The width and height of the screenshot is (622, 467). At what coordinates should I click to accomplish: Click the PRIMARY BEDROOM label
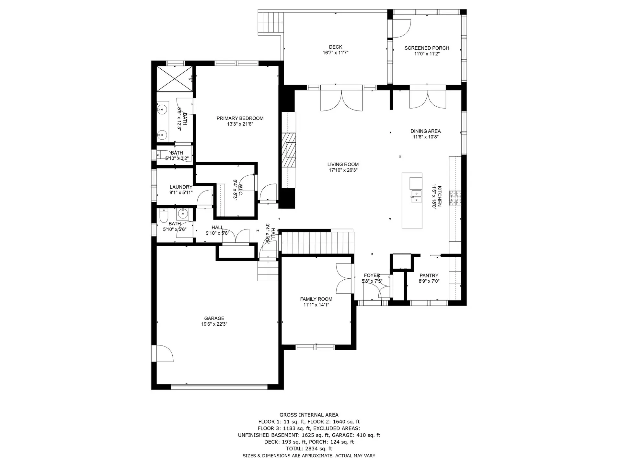[x=240, y=118]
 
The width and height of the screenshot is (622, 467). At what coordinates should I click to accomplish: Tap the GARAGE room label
[x=214, y=318]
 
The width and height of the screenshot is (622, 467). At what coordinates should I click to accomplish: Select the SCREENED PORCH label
[x=427, y=48]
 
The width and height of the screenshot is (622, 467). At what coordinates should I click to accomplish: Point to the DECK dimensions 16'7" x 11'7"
[x=335, y=53]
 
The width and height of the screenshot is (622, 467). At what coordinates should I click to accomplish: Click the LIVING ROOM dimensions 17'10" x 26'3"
[x=343, y=170]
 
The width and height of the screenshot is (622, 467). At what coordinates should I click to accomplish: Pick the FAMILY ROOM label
[x=316, y=299]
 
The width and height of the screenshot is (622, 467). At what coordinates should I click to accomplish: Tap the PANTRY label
[x=429, y=275]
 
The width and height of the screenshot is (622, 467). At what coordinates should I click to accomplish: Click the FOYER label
[x=372, y=275]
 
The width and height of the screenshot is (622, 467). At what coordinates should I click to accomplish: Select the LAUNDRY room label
[x=181, y=187]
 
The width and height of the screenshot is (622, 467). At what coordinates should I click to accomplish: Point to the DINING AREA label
[x=425, y=131]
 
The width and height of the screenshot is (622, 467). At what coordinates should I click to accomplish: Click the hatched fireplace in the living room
[x=288, y=150]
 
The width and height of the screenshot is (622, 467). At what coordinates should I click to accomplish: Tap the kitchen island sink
[x=416, y=196]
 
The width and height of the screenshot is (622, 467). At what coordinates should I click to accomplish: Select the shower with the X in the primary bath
[x=175, y=79]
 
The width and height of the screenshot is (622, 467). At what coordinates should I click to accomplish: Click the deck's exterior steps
[x=271, y=22]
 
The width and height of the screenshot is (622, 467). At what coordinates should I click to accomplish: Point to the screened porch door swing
[x=402, y=29]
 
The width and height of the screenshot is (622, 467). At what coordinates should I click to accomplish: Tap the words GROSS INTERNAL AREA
[x=309, y=415]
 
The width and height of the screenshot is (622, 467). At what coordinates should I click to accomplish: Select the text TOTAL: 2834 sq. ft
[x=309, y=449]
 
